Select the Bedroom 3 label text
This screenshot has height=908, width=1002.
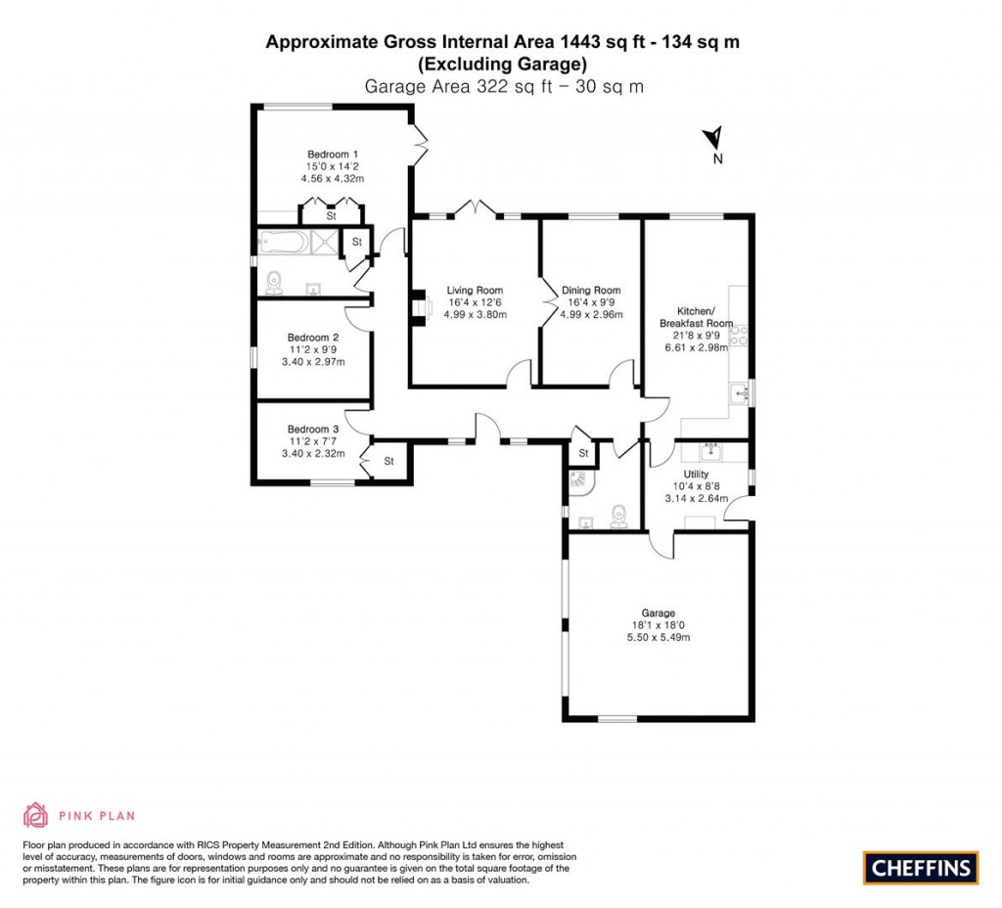click(313, 429)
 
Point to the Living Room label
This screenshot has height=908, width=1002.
click(475, 290)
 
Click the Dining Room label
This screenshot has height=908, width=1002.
click(591, 290)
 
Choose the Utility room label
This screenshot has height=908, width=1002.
click(696, 474)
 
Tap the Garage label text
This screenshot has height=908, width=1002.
click(659, 613)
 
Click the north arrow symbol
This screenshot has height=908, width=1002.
click(715, 139)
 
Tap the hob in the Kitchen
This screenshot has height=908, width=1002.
click(741, 335)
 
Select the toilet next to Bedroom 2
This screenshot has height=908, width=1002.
click(275, 282)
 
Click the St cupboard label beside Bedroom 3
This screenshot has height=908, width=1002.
click(388, 461)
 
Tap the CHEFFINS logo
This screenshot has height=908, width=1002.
click(920, 867)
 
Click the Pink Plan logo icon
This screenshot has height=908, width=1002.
click(35, 814)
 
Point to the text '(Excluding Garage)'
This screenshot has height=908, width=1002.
click(502, 65)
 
